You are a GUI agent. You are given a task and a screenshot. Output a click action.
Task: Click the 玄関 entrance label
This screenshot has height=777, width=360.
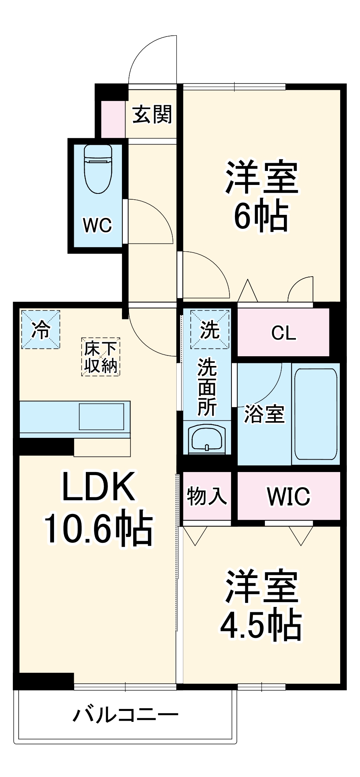152,115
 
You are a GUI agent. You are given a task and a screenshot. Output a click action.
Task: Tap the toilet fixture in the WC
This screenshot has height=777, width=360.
98,169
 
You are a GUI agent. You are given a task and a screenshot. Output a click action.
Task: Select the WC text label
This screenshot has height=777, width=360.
97,225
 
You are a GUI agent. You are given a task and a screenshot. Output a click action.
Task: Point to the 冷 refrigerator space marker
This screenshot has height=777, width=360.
41,329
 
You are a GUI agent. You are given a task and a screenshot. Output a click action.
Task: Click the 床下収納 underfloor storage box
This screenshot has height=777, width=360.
101,357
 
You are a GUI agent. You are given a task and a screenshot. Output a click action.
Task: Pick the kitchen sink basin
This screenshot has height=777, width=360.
101,416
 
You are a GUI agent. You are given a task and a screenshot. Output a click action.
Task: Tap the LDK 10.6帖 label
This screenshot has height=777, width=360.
99,507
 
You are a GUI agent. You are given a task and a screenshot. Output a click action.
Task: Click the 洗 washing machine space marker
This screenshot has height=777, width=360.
210,329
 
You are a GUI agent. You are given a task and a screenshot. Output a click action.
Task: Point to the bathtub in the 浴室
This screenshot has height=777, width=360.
316,414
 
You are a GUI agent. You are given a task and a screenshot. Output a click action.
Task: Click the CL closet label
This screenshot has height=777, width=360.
283,333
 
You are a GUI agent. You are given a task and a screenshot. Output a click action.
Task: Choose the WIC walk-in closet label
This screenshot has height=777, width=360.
289,496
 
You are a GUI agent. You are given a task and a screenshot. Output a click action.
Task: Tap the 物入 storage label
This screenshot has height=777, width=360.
207,496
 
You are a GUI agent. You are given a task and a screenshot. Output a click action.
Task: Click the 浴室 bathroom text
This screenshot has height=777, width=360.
264,414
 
